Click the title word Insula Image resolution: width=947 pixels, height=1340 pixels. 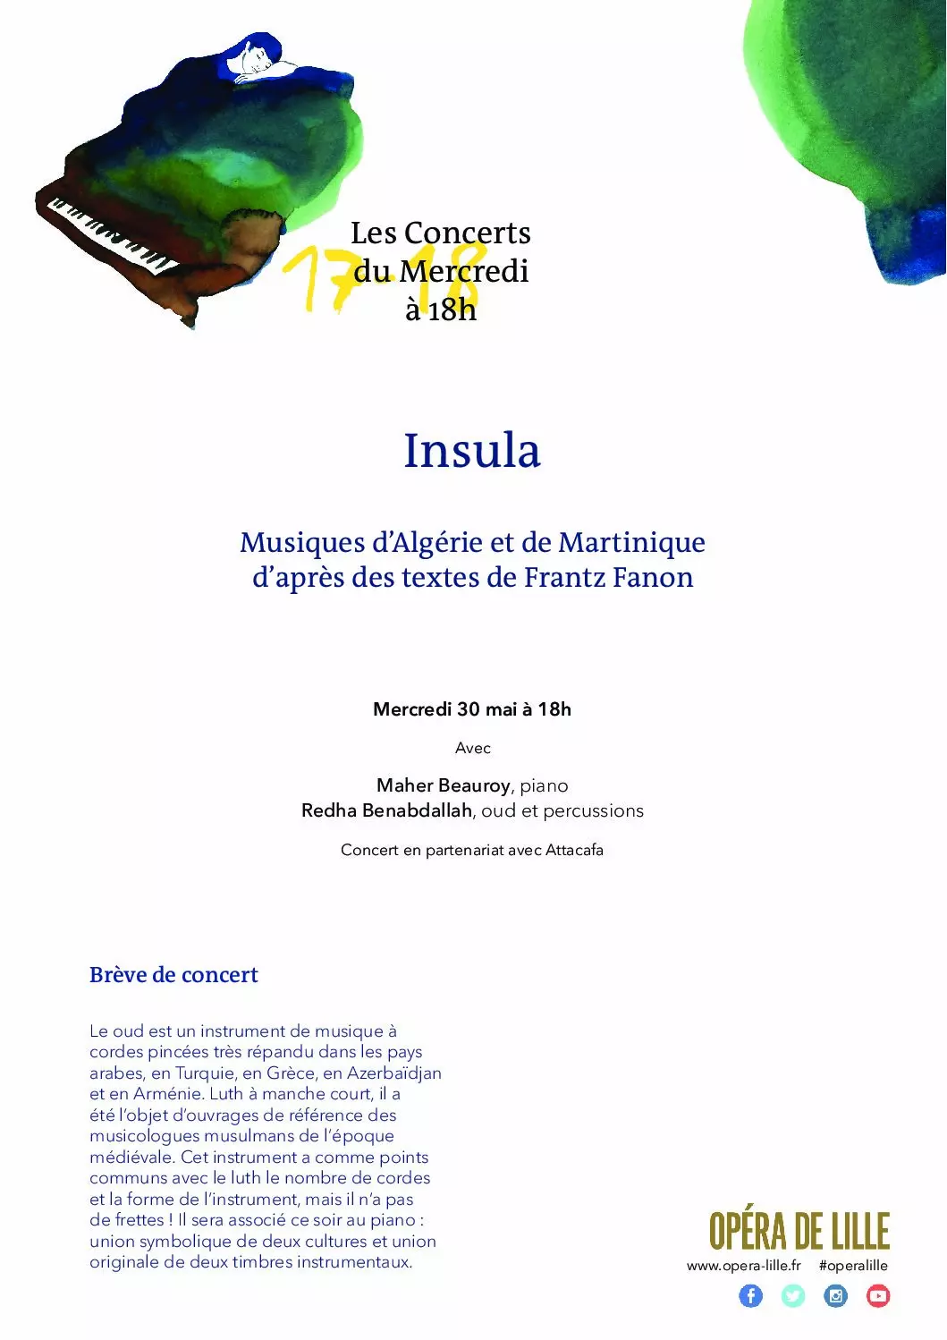(x=472, y=450)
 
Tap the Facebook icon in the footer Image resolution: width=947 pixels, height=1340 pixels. (x=750, y=1295)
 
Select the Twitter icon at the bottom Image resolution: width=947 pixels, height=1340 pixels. (x=793, y=1295)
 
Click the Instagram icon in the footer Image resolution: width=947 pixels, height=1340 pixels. (x=835, y=1295)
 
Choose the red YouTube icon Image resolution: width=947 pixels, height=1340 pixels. (x=878, y=1295)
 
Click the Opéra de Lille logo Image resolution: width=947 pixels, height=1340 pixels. (x=799, y=1231)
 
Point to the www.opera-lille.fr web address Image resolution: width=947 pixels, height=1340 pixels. (x=743, y=1266)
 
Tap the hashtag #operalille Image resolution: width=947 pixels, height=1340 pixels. (x=853, y=1266)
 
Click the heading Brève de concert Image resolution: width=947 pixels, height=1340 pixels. (x=173, y=975)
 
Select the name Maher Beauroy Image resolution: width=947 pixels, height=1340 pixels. (x=444, y=785)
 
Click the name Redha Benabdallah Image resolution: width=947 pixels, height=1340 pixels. (x=386, y=810)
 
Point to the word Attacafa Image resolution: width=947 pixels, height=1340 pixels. (x=574, y=850)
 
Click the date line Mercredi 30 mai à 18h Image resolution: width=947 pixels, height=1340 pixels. (x=472, y=709)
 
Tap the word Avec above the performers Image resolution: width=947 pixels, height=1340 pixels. (x=472, y=748)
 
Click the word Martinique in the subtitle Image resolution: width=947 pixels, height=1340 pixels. (x=631, y=542)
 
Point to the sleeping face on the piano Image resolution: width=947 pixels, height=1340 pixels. (x=250, y=61)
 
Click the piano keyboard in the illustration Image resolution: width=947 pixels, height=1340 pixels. (x=112, y=237)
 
